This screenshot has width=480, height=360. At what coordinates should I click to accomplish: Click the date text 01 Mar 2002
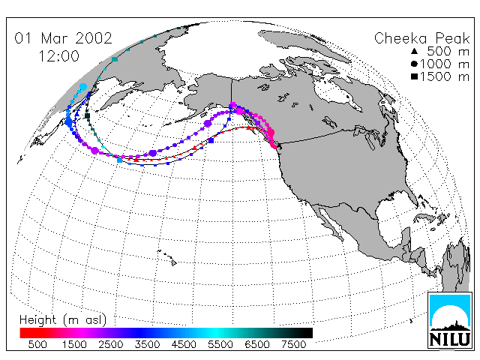pos(63,38)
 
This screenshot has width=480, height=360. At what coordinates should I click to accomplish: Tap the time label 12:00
pos(59,56)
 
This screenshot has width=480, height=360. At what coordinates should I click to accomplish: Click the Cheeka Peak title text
pos(421,38)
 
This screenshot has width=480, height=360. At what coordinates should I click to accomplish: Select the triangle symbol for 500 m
pos(415,51)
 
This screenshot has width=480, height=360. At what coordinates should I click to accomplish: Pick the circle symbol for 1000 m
pos(415,64)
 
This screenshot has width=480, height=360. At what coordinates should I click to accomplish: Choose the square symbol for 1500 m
pos(415,76)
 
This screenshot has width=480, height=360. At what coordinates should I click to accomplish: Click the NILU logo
pos(449,321)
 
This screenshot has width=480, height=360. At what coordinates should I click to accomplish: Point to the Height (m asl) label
pos(63,320)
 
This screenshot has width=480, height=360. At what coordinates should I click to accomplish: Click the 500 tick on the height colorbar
pos(37,344)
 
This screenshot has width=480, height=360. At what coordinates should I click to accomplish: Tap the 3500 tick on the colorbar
pos(147,344)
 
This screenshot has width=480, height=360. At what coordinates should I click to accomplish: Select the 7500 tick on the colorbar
pos(293,344)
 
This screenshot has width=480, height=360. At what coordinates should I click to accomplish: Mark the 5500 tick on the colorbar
pos(220,344)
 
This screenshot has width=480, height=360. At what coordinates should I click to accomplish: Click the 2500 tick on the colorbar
pos(111,344)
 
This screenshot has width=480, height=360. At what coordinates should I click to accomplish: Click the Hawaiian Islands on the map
pos(168,257)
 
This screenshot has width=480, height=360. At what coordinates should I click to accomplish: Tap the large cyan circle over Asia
pos(83,87)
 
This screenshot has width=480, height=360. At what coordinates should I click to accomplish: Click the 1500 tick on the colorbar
pos(74,344)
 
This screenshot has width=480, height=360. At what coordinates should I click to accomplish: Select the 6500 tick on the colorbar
pos(257,344)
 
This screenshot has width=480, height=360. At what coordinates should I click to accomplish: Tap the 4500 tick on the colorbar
pos(184,344)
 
